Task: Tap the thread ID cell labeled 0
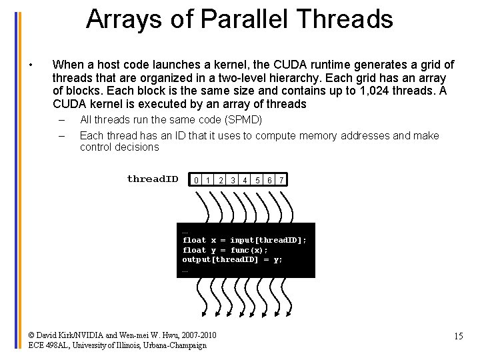196,180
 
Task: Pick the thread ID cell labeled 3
233,180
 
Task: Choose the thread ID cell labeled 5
257,180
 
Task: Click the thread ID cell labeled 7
282,180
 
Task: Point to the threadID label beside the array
153,179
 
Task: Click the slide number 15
458,336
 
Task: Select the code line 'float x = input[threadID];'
245,240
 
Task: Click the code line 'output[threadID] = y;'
233,259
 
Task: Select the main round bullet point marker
31,65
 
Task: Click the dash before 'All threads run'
61,121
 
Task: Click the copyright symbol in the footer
32,335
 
